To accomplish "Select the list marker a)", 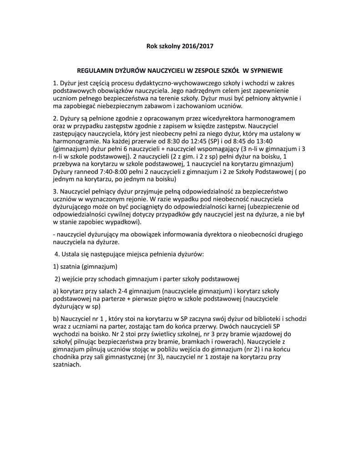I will pos(56,290).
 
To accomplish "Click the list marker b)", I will pos(56,319).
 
